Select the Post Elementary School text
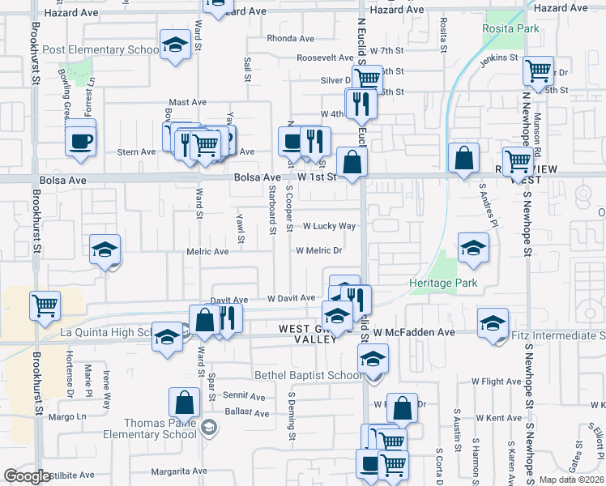tap(100, 49)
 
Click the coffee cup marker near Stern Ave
tap(80, 139)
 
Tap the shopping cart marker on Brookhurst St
tap(45, 306)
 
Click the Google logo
tap(28, 476)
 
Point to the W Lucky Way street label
tap(330, 226)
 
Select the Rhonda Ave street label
tap(290, 38)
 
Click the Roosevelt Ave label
tap(320, 58)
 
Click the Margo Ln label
tap(66, 417)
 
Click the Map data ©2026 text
tap(571, 479)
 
